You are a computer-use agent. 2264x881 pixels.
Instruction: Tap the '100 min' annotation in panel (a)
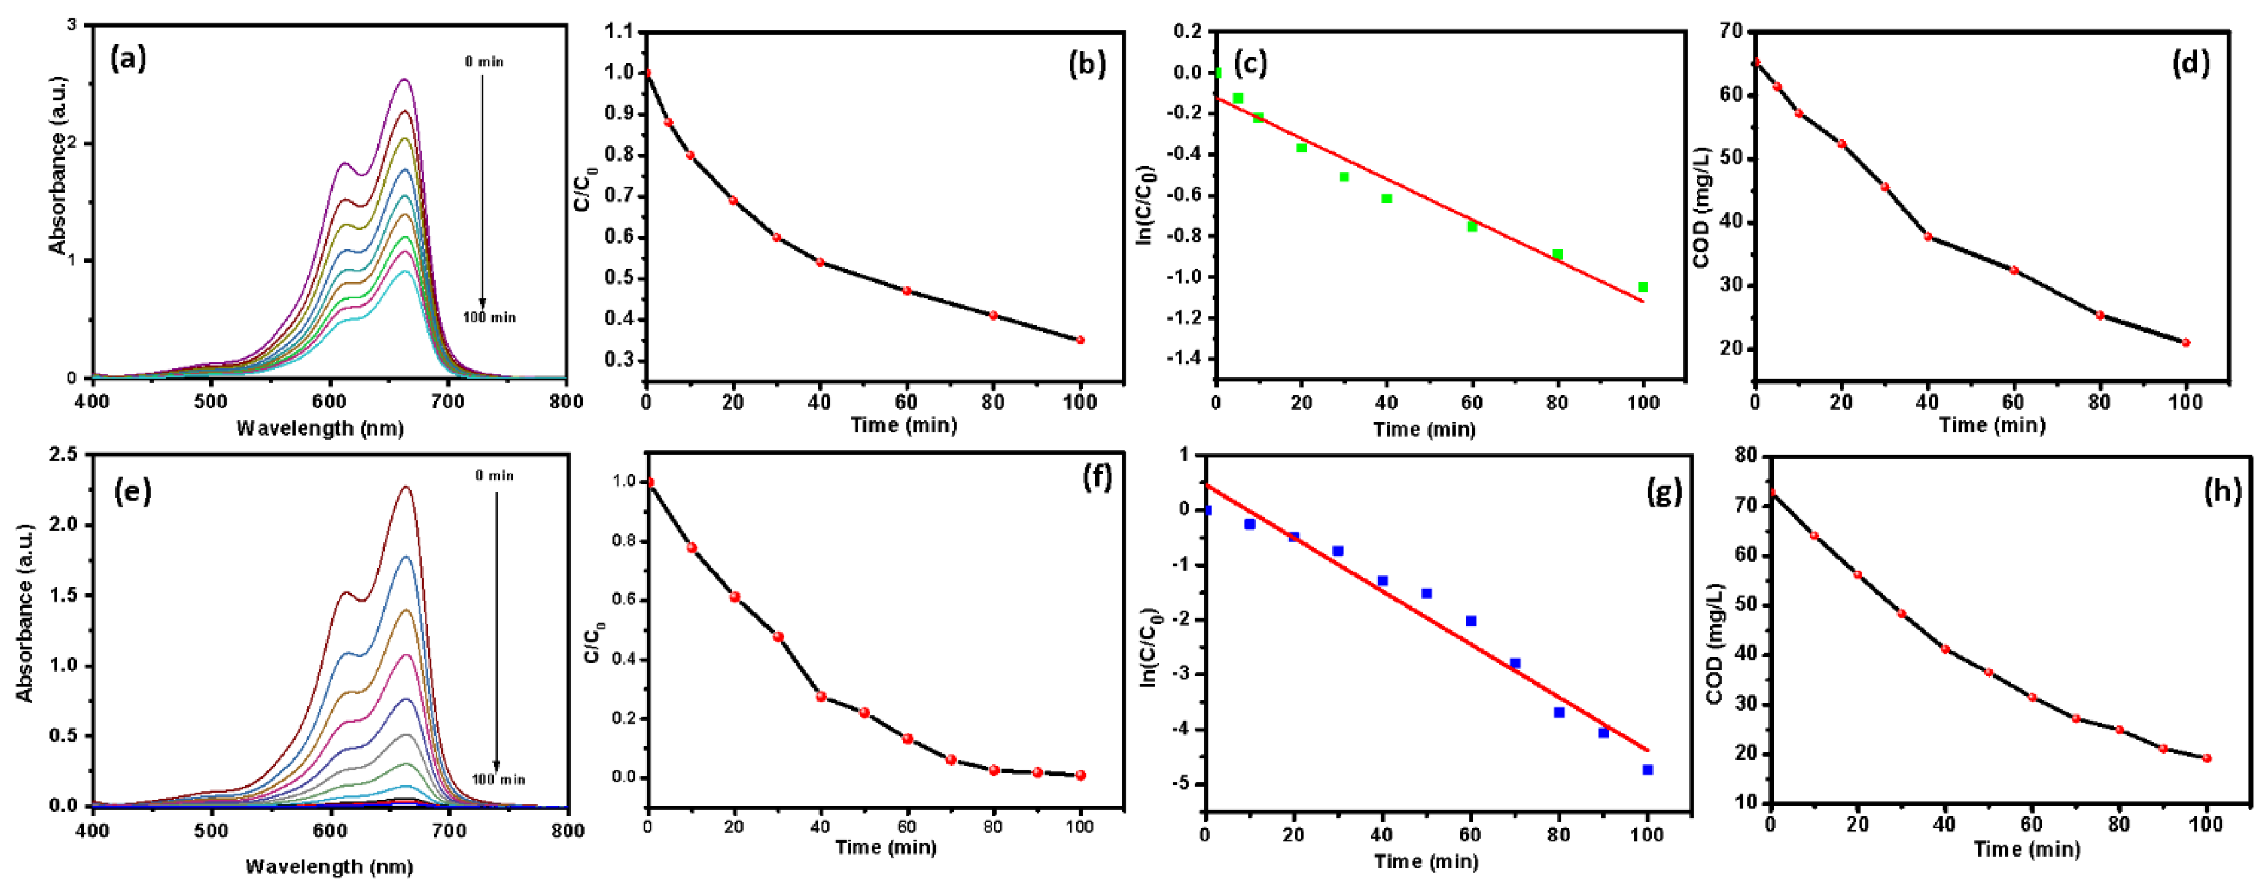(x=490, y=317)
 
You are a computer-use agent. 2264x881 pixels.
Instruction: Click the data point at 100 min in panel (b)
(x=1080, y=341)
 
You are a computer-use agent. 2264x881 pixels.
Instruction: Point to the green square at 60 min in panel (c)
(x=1472, y=227)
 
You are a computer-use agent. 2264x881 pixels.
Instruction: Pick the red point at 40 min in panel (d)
(x=1927, y=236)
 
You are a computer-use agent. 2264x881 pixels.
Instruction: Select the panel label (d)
(x=2189, y=63)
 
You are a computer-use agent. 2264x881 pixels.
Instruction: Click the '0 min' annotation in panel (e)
(x=495, y=476)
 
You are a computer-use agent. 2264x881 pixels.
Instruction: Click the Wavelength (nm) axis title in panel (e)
(x=329, y=866)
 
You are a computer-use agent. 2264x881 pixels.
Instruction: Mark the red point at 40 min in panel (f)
(x=821, y=696)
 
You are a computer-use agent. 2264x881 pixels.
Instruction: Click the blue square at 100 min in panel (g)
(x=1647, y=769)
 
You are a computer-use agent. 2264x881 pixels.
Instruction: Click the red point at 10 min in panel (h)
(x=1814, y=535)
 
